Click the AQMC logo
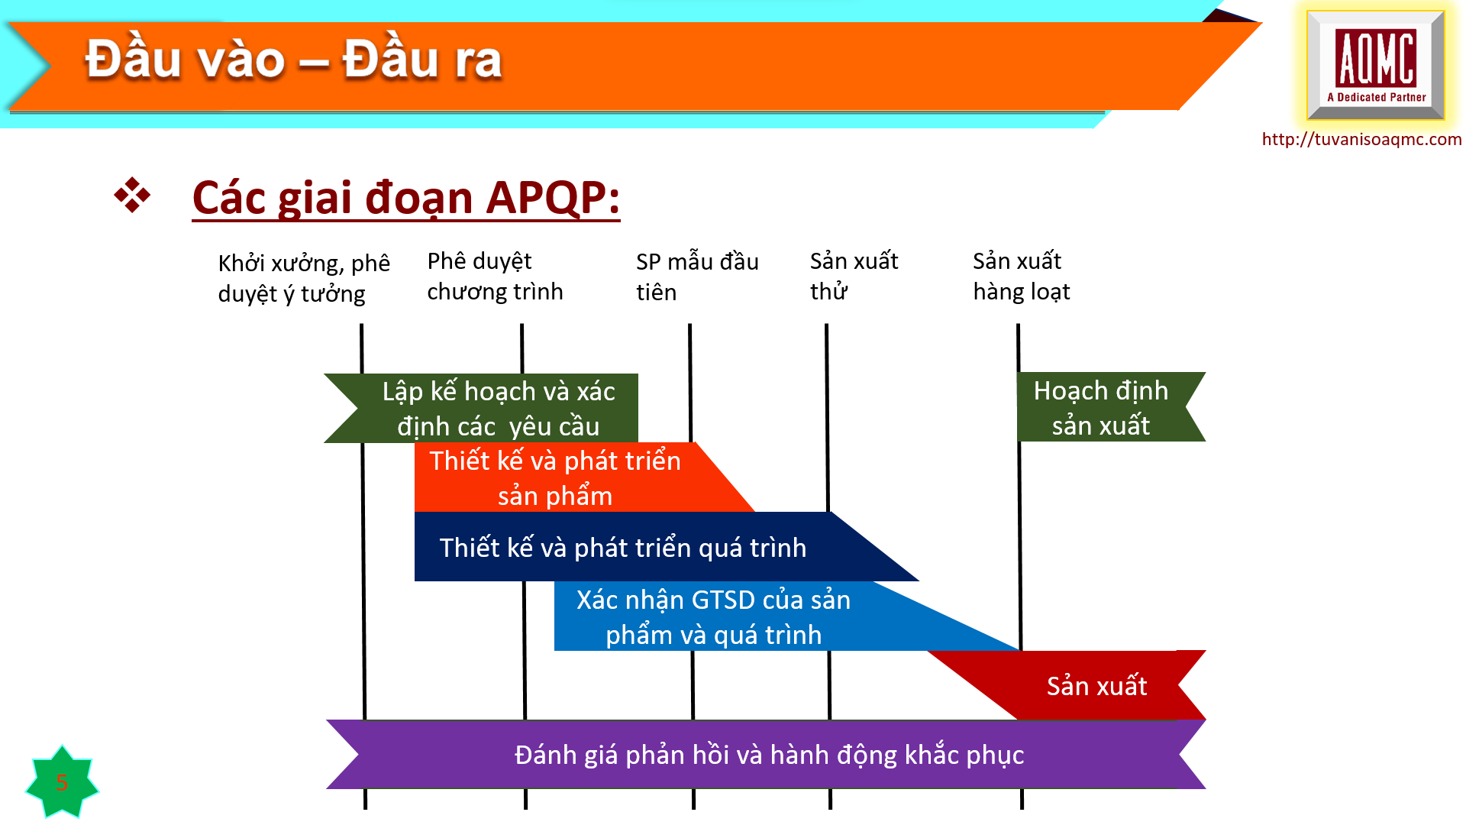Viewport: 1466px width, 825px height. pos(1375,65)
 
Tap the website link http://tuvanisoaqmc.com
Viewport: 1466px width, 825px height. pos(1361,139)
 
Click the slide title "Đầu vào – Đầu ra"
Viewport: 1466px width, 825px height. pos(293,60)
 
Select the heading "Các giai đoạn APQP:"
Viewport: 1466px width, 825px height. pos(405,198)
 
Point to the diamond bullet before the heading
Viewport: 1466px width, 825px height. pos(132,196)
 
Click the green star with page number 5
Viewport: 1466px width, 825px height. pos(62,781)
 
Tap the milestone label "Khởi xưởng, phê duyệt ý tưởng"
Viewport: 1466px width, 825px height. pos(304,278)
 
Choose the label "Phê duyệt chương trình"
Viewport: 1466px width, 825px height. pos(495,276)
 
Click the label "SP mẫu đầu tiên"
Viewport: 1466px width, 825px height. pos(697,277)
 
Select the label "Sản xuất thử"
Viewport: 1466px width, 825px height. pos(854,276)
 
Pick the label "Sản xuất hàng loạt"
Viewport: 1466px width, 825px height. pos(1021,276)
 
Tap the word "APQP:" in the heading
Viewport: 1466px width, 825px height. pos(553,198)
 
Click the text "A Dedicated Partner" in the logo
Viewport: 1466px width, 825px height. pos(1377,97)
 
